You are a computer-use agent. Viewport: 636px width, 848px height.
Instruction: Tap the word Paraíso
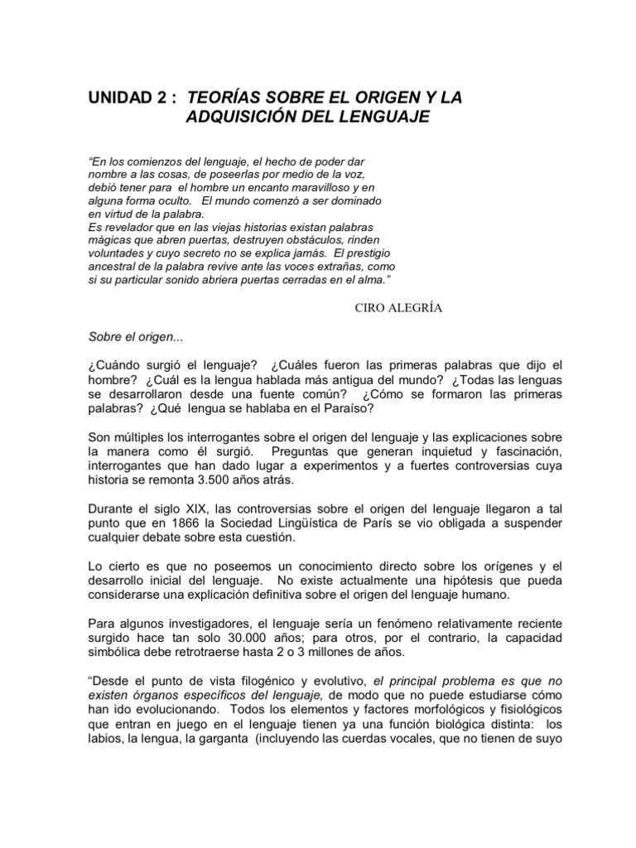tap(353, 409)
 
